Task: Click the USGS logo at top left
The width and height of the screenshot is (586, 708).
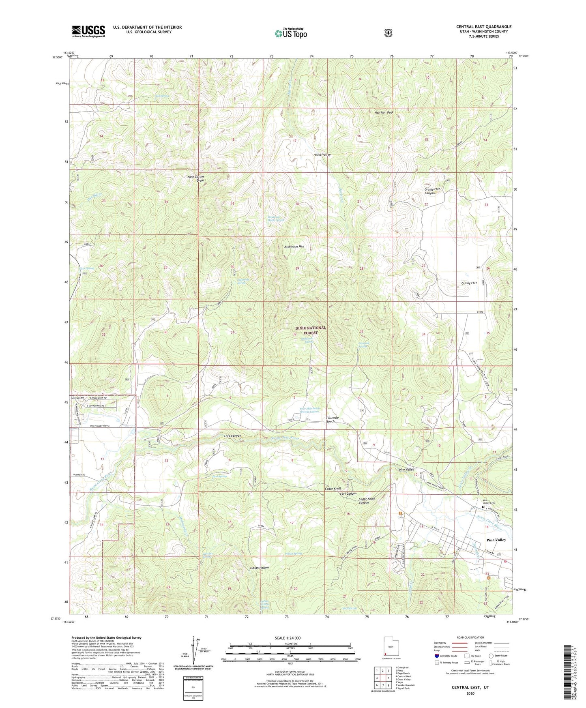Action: (x=88, y=31)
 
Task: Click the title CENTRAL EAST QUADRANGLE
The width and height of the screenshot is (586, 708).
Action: (x=483, y=27)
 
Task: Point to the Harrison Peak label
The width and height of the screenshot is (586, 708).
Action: (x=384, y=112)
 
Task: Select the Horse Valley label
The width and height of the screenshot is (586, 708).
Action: (x=322, y=155)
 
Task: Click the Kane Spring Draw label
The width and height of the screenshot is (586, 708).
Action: (x=195, y=178)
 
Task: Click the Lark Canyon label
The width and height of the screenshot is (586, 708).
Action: (x=232, y=436)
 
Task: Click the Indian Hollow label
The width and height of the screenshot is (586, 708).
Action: (x=260, y=568)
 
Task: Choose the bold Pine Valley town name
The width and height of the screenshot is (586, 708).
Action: (x=496, y=540)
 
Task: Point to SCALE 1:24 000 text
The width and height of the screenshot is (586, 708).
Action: (x=288, y=638)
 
